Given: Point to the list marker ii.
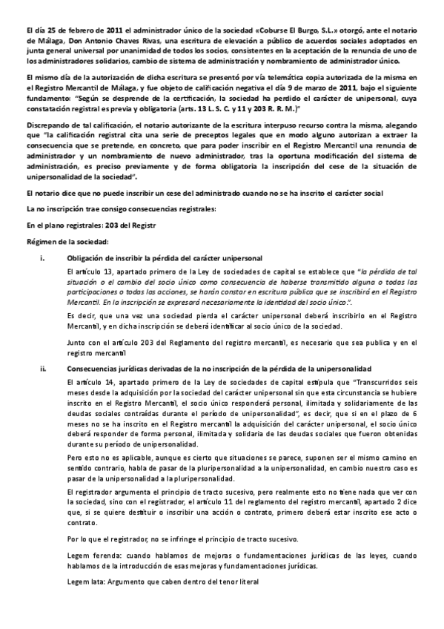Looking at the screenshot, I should click(44, 369).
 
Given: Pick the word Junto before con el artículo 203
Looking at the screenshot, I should click(78, 343).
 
